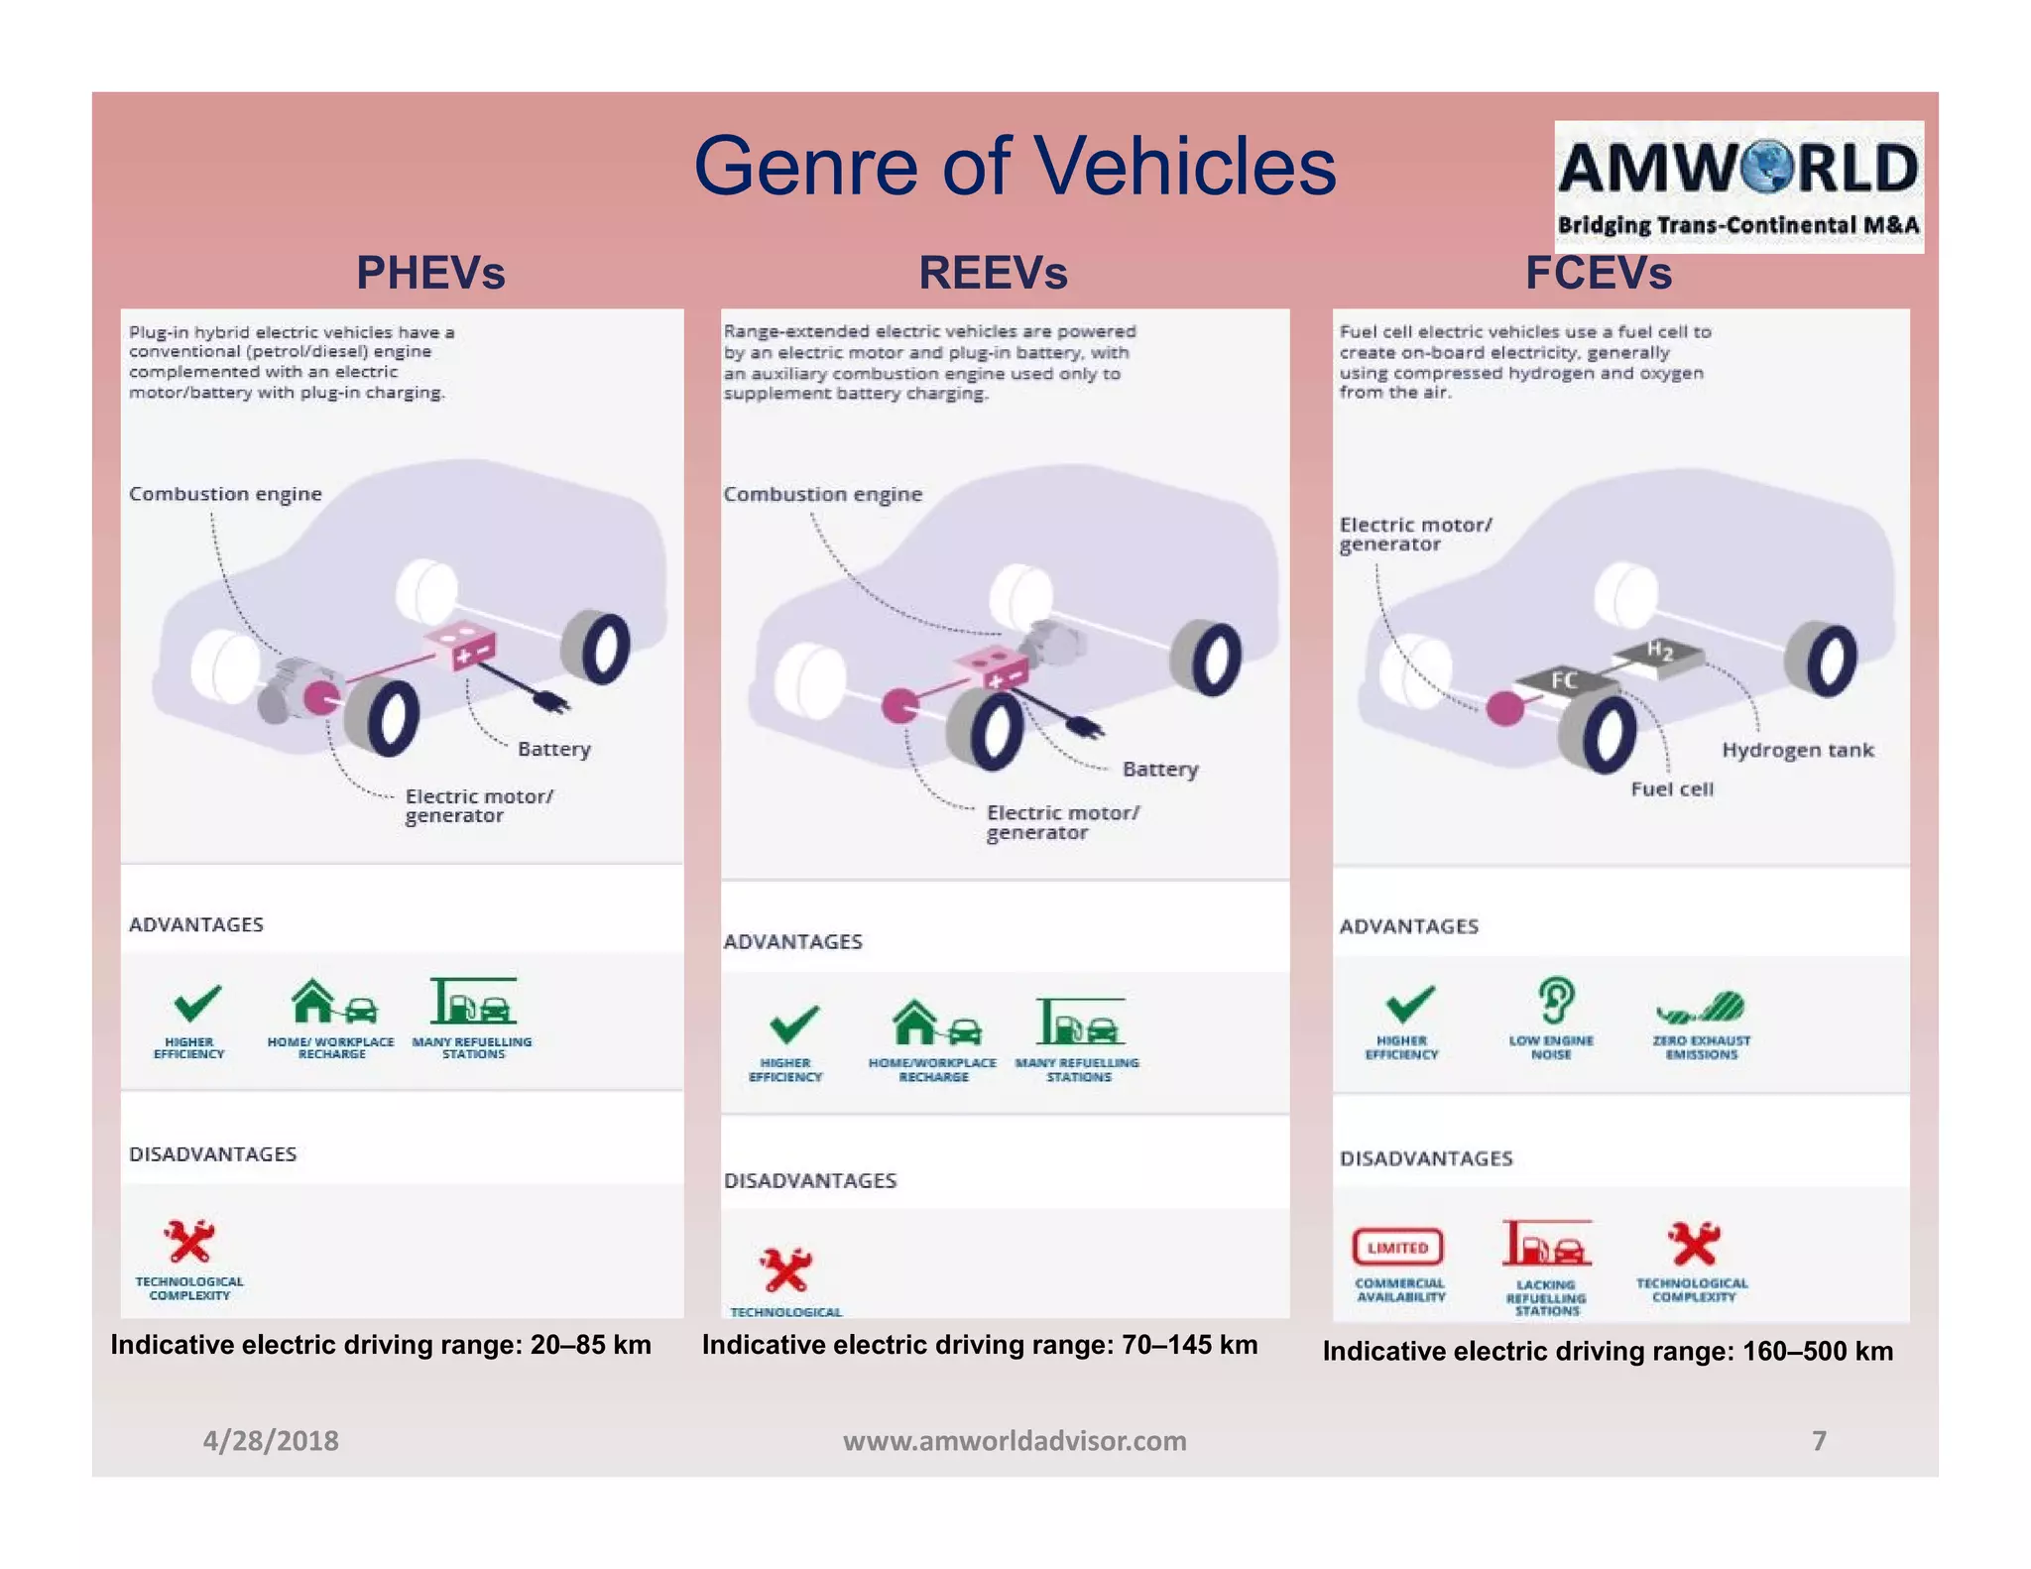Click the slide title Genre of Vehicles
click(1015, 166)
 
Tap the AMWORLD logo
click(1737, 186)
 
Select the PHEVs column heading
click(430, 273)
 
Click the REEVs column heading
click(993, 273)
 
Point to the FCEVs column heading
click(1598, 273)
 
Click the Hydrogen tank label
click(1797, 750)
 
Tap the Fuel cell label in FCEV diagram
click(1672, 789)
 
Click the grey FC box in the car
click(1562, 679)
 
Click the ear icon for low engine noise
click(1555, 1001)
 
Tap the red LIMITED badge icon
click(1397, 1247)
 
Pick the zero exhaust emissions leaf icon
click(1702, 1009)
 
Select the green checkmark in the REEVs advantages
click(793, 1024)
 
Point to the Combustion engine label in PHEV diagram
click(225, 494)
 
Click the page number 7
click(1819, 1440)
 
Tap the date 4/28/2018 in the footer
click(271, 1440)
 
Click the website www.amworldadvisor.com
click(1015, 1440)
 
